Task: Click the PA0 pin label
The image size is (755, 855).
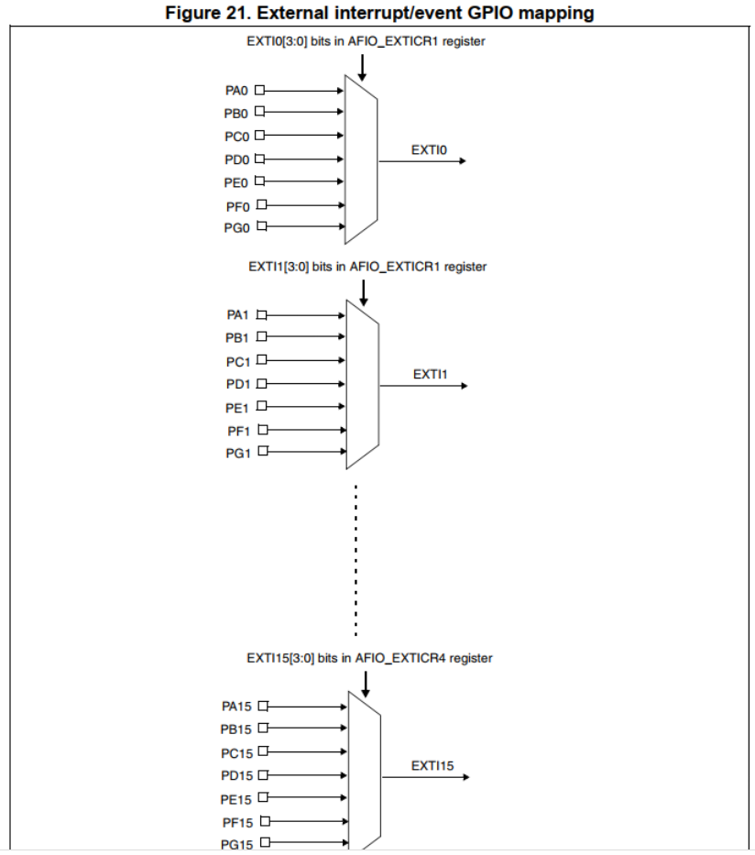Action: [x=236, y=91]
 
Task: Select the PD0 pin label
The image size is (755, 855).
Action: [x=236, y=159]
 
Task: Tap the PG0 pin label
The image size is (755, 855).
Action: [x=236, y=228]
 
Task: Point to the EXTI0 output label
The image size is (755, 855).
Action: [x=429, y=149]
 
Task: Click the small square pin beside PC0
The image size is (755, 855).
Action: [x=259, y=136]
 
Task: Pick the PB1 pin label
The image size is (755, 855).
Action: [x=238, y=338]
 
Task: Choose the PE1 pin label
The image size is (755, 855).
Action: [x=238, y=407]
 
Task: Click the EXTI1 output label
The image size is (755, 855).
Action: [x=430, y=374]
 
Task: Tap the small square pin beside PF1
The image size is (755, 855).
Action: [x=261, y=429]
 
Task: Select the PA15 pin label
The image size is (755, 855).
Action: [x=236, y=707]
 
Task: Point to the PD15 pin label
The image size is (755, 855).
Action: [x=236, y=776]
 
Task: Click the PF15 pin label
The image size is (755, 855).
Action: [x=236, y=822]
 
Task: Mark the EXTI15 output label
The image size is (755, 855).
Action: [x=432, y=766]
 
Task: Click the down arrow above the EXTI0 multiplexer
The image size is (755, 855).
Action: [x=363, y=67]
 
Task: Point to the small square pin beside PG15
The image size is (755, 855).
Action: [x=264, y=844]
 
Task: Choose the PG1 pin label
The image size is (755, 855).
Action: [x=238, y=453]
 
